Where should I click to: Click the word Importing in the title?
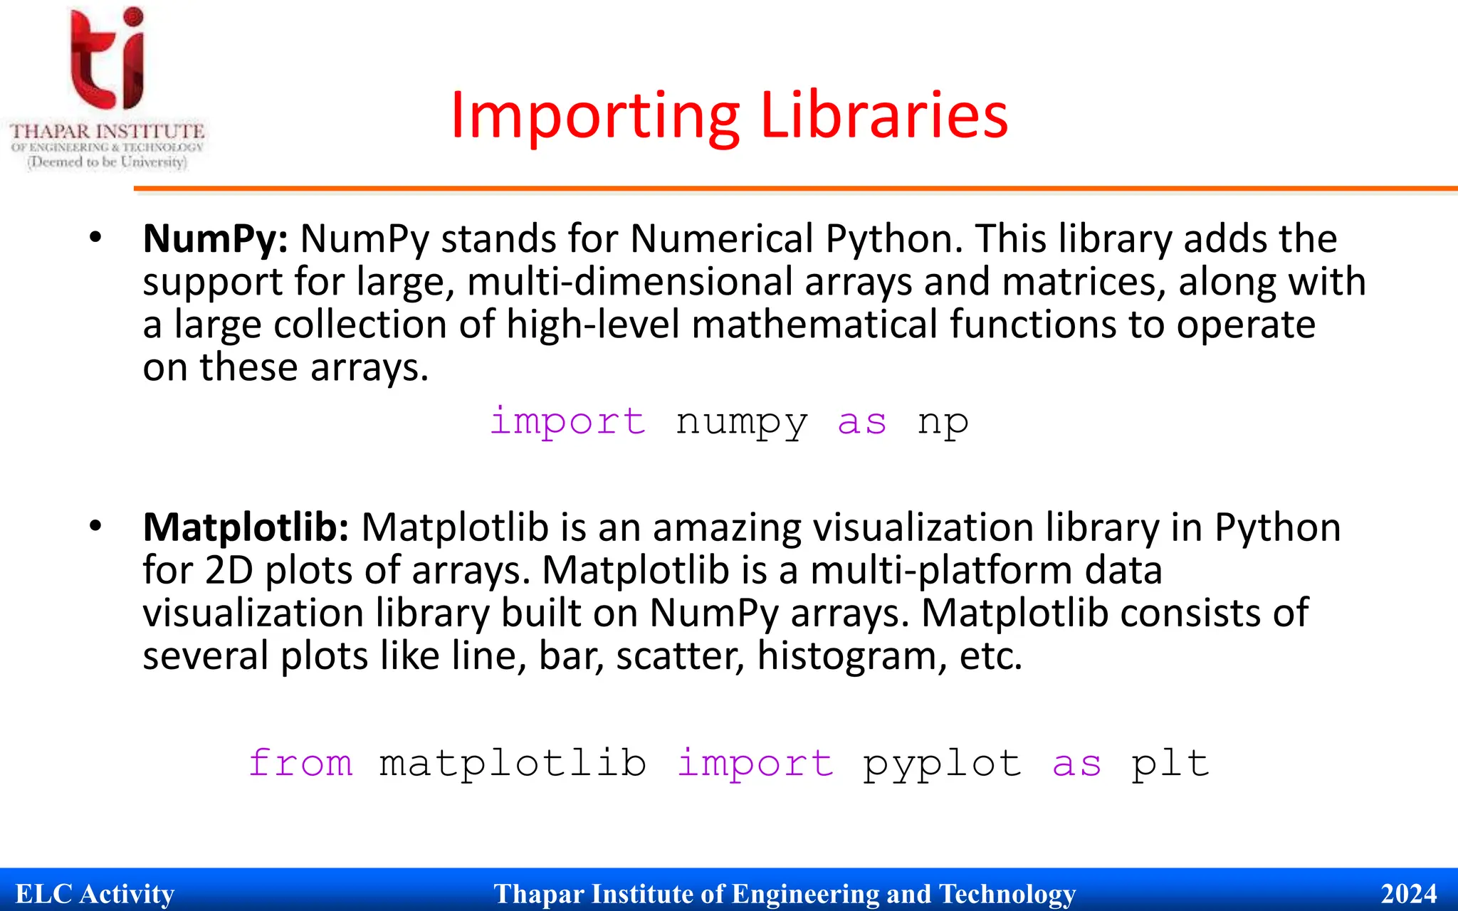tap(595, 115)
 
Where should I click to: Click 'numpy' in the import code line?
tap(741, 422)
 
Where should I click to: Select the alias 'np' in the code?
tap(943, 422)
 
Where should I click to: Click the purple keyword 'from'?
tap(300, 764)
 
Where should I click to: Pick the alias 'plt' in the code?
tap(1170, 764)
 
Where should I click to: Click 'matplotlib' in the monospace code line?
tap(513, 764)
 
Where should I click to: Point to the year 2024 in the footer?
tap(1409, 893)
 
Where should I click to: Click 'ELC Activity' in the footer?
tap(95, 893)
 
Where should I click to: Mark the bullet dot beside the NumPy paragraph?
tap(96, 238)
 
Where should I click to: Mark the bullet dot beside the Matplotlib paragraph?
tap(96, 526)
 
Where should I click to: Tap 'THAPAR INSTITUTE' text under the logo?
tap(107, 132)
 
